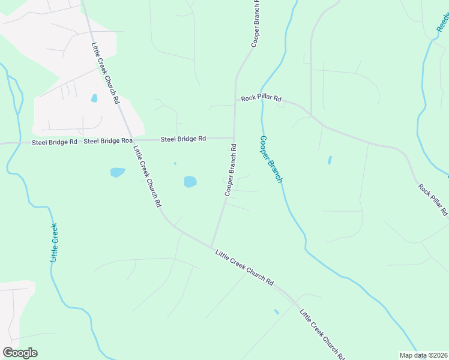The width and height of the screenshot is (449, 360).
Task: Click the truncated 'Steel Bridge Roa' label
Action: click(x=108, y=141)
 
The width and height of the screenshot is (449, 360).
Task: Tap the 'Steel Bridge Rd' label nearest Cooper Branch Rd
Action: click(x=183, y=139)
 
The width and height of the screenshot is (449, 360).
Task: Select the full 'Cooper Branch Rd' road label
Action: click(x=230, y=170)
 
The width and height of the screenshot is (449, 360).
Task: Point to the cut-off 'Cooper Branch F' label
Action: click(x=255, y=24)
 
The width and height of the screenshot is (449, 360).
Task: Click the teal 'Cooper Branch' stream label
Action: click(x=270, y=159)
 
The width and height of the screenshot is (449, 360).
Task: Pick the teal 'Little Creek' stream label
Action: click(x=54, y=242)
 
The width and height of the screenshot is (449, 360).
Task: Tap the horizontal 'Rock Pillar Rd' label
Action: click(x=261, y=98)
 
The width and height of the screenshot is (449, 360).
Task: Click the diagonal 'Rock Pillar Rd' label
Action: click(x=433, y=199)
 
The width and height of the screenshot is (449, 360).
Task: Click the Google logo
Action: click(x=20, y=353)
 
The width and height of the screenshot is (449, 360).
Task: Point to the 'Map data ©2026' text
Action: click(x=423, y=355)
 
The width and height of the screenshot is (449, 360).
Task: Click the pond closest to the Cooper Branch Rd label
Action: click(x=190, y=181)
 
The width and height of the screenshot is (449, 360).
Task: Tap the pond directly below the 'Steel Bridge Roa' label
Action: click(x=118, y=173)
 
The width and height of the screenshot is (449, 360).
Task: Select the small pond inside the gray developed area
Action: click(x=94, y=98)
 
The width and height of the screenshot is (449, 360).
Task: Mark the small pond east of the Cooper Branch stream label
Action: click(x=330, y=160)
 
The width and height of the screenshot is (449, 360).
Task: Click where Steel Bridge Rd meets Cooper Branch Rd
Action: click(x=234, y=137)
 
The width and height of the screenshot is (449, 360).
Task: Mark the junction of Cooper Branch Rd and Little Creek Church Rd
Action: click(x=211, y=246)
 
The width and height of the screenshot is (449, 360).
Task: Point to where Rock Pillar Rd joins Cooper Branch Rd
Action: click(x=235, y=105)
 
